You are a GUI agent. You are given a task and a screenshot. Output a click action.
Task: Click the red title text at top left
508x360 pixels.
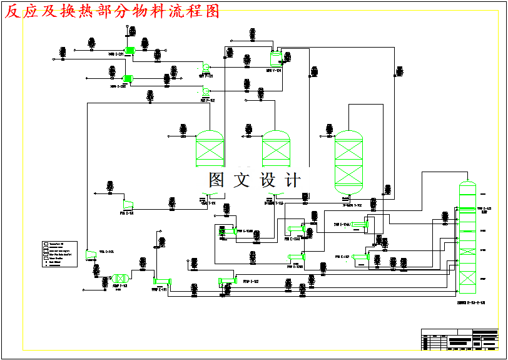click(113, 11)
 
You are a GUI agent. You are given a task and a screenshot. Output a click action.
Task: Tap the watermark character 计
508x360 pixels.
click(292, 180)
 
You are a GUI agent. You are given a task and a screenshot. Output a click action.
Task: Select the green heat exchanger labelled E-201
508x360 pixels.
click(130, 51)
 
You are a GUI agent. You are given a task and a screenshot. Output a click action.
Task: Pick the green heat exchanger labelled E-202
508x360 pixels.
click(128, 78)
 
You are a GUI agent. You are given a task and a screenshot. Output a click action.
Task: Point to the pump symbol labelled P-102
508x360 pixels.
click(205, 91)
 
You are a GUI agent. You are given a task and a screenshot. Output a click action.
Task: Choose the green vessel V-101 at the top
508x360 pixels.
click(275, 59)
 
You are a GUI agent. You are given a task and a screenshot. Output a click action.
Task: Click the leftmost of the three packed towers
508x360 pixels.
click(210, 149)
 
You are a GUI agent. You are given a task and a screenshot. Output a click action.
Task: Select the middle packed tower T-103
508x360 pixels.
click(275, 149)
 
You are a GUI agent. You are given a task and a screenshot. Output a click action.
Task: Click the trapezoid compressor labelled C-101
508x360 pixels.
click(128, 203)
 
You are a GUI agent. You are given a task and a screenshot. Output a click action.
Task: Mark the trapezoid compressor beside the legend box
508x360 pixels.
click(89, 252)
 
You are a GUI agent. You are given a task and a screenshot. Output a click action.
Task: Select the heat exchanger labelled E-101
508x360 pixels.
click(162, 282)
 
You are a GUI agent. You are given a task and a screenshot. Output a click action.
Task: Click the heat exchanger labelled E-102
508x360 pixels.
click(226, 281)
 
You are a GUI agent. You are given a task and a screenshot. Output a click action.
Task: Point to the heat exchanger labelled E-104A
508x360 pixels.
click(359, 224)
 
